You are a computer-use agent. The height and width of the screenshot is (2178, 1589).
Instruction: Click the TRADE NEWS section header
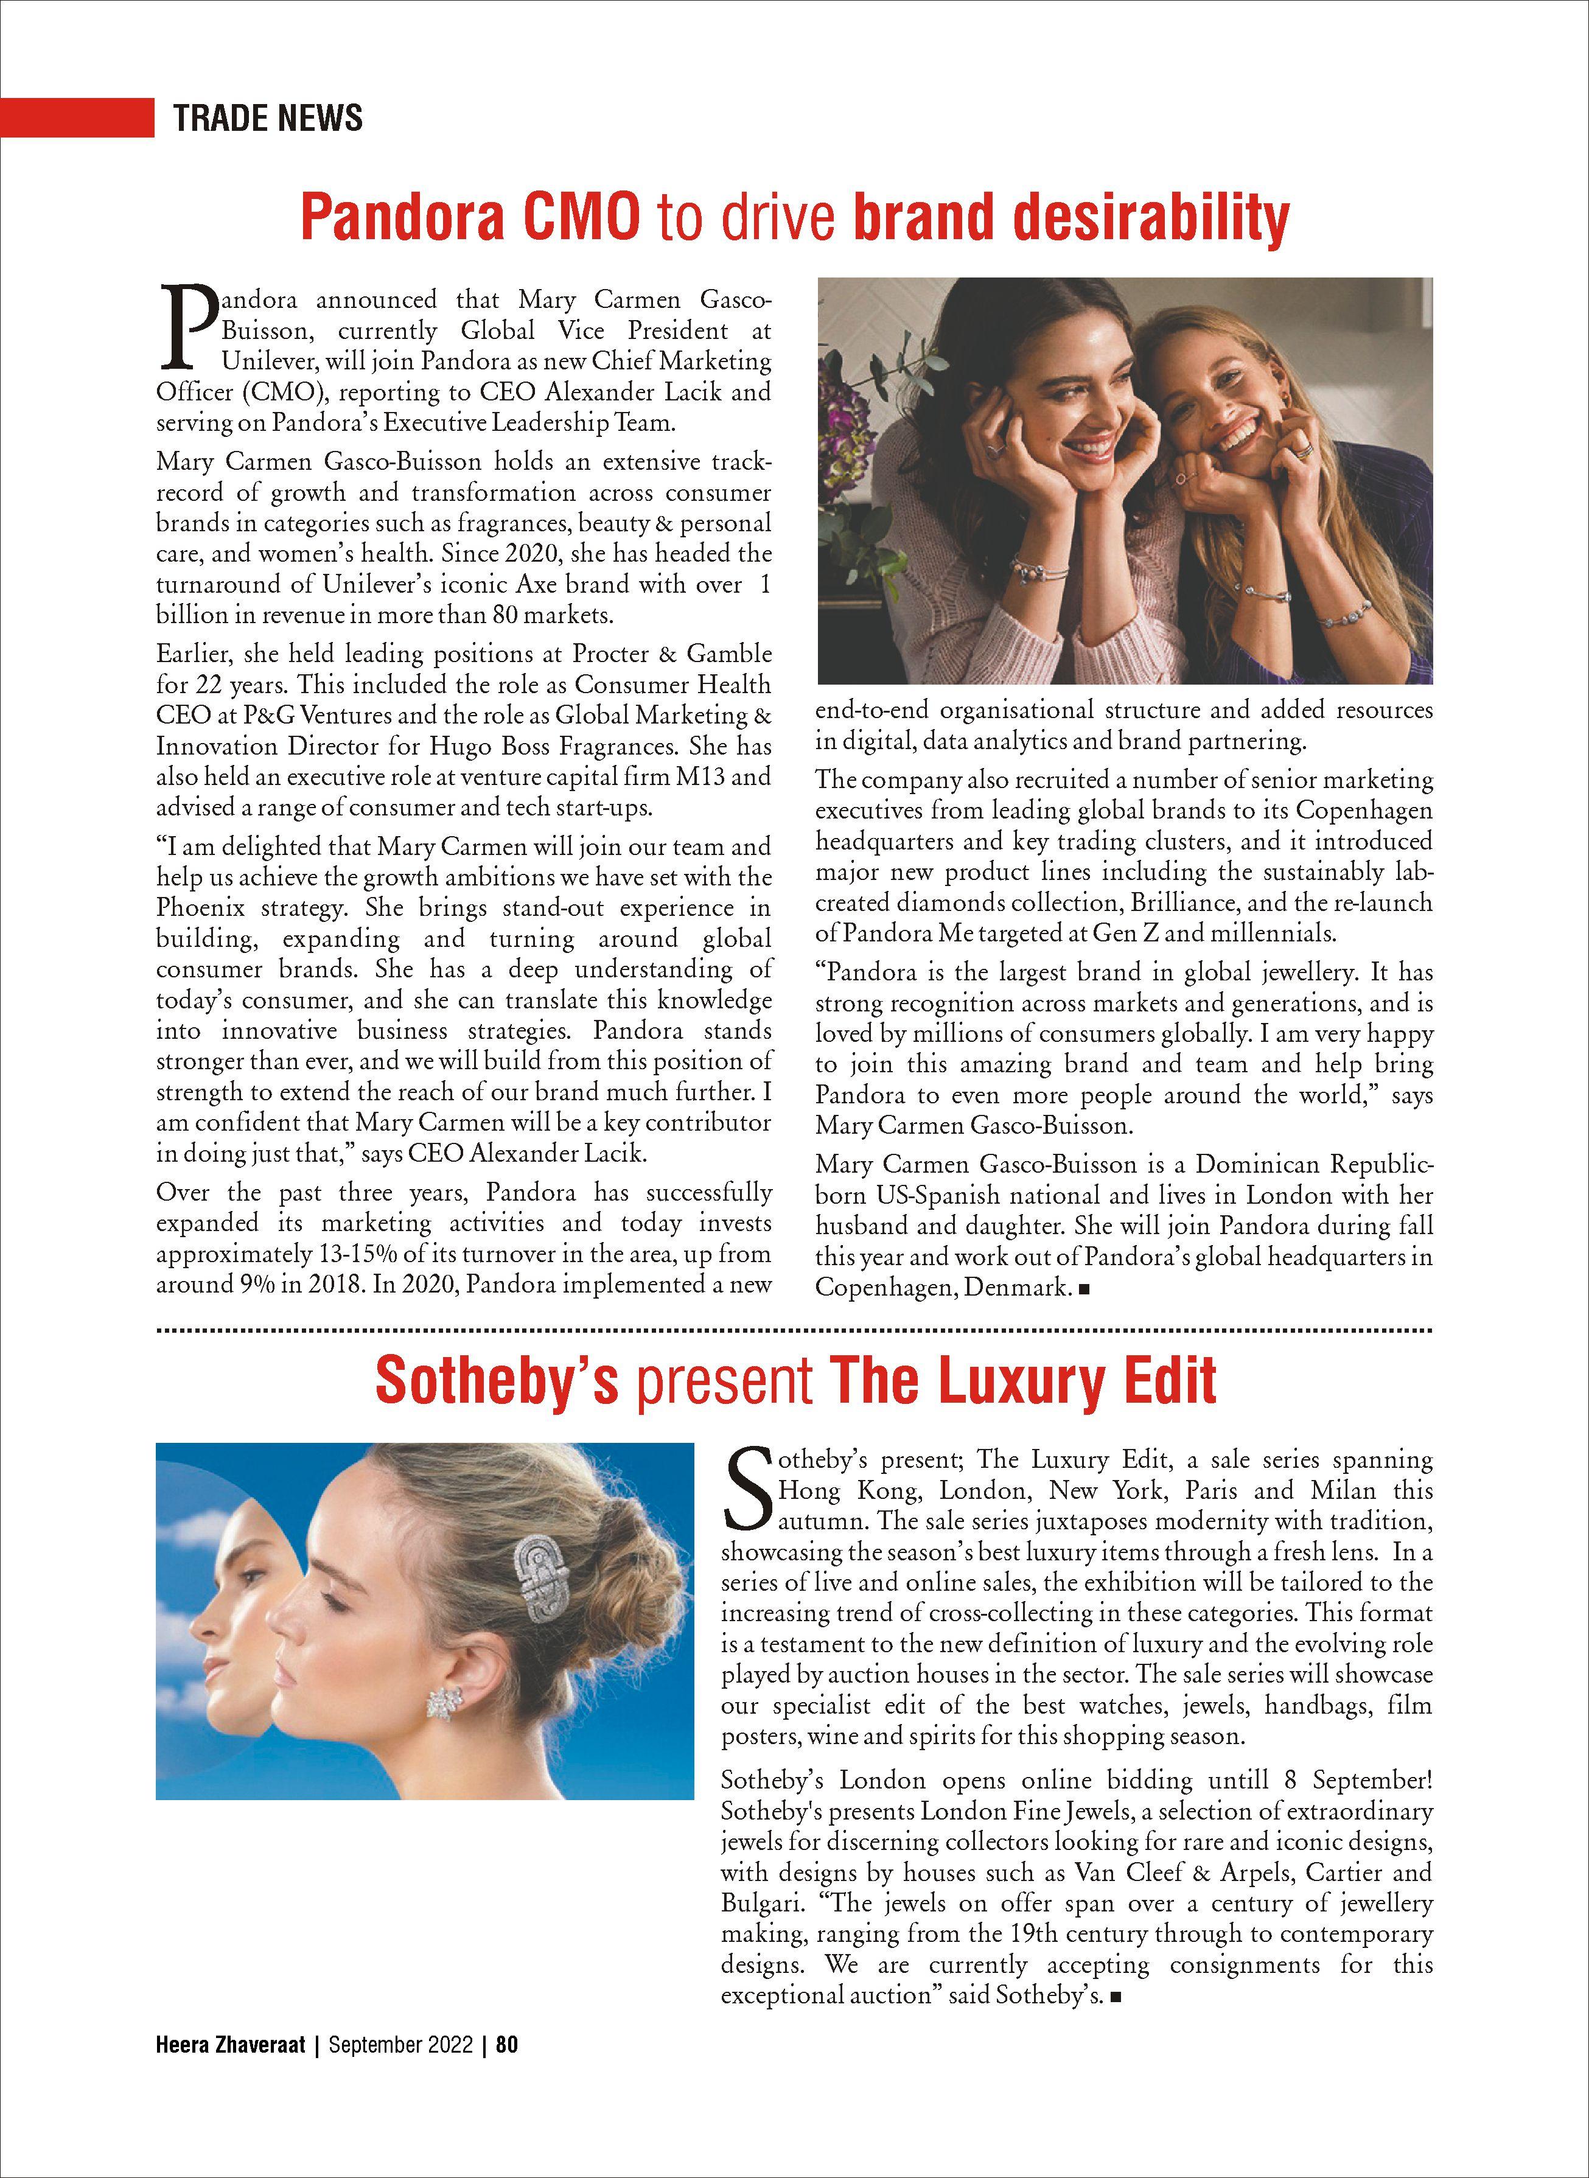click(x=267, y=117)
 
